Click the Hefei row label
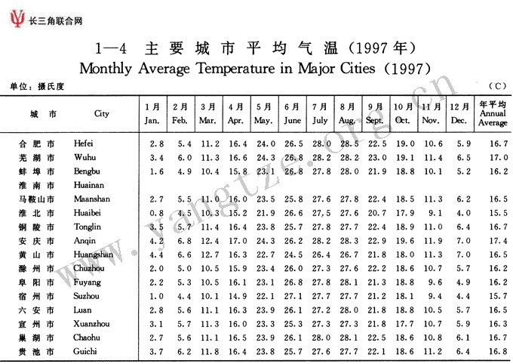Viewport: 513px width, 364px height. [84, 143]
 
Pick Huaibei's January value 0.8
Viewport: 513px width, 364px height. [156, 213]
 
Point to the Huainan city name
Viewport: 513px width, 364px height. [88, 185]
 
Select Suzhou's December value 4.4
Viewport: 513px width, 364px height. [463, 296]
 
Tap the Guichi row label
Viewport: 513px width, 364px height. [86, 352]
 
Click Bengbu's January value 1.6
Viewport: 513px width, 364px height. [156, 171]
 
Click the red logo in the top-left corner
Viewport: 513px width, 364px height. [15, 20]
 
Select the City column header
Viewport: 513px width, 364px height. [101, 114]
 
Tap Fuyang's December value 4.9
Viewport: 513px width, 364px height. [463, 282]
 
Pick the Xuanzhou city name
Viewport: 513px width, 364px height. [91, 324]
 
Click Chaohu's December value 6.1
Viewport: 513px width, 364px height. [463, 338]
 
